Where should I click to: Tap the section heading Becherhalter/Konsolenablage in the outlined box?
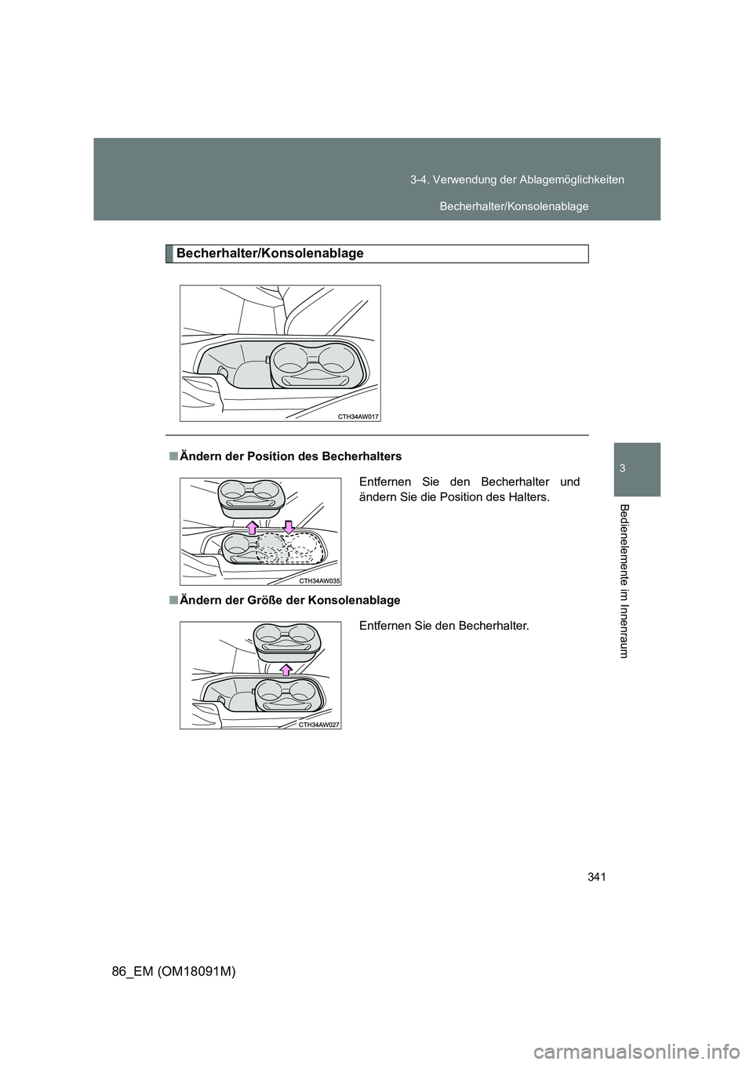pos(270,253)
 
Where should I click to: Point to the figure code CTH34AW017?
pos(358,417)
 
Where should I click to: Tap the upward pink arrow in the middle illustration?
pos(253,525)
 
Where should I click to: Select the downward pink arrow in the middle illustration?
pos(288,525)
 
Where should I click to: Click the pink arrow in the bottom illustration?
pos(287,667)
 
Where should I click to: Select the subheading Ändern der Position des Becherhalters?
pos(290,456)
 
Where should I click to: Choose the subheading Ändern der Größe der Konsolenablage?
pos(289,600)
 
